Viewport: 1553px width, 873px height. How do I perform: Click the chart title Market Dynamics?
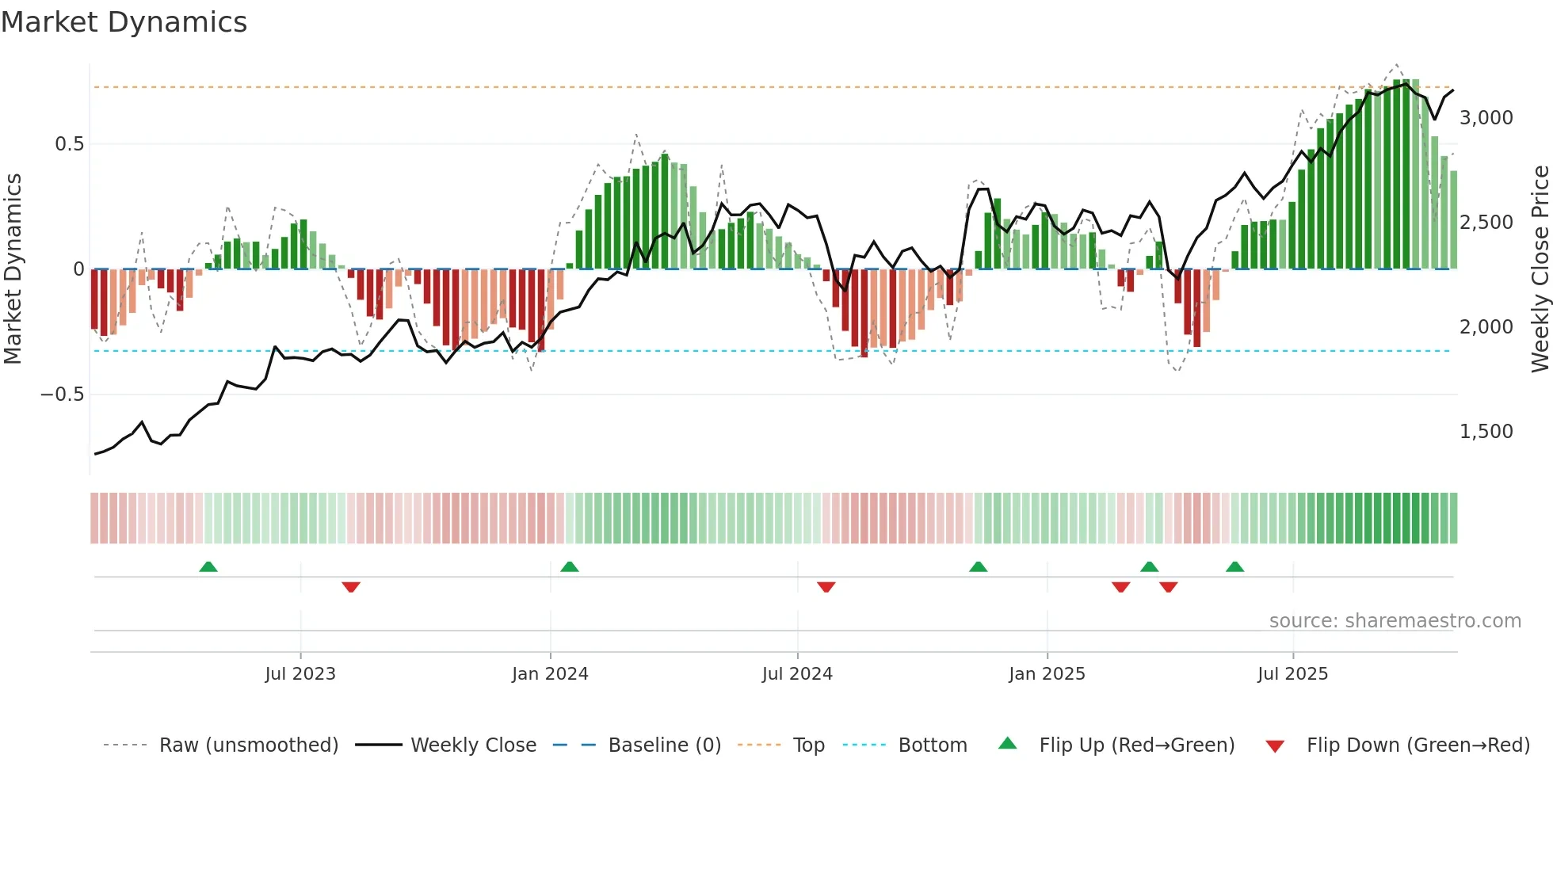coord(124,22)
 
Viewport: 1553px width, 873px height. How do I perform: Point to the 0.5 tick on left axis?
coord(69,144)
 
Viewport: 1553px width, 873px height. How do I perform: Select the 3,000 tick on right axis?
coord(1486,118)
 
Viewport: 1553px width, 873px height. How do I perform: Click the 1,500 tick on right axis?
coord(1486,432)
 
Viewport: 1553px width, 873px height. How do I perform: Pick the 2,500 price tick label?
coord(1486,223)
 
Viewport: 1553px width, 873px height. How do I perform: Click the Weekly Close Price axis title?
coord(1540,269)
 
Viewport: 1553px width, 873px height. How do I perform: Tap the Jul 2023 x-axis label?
coord(300,674)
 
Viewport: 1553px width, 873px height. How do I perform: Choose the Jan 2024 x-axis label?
coord(550,674)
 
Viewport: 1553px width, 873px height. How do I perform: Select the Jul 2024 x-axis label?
coord(797,674)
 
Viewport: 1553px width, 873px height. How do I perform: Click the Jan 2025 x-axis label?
coord(1047,674)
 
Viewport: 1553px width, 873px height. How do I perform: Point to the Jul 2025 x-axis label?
coord(1292,674)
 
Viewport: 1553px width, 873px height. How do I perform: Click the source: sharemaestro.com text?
coord(1395,621)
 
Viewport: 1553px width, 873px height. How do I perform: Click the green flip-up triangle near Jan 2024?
coord(569,567)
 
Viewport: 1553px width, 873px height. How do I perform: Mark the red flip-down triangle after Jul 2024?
coord(826,587)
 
